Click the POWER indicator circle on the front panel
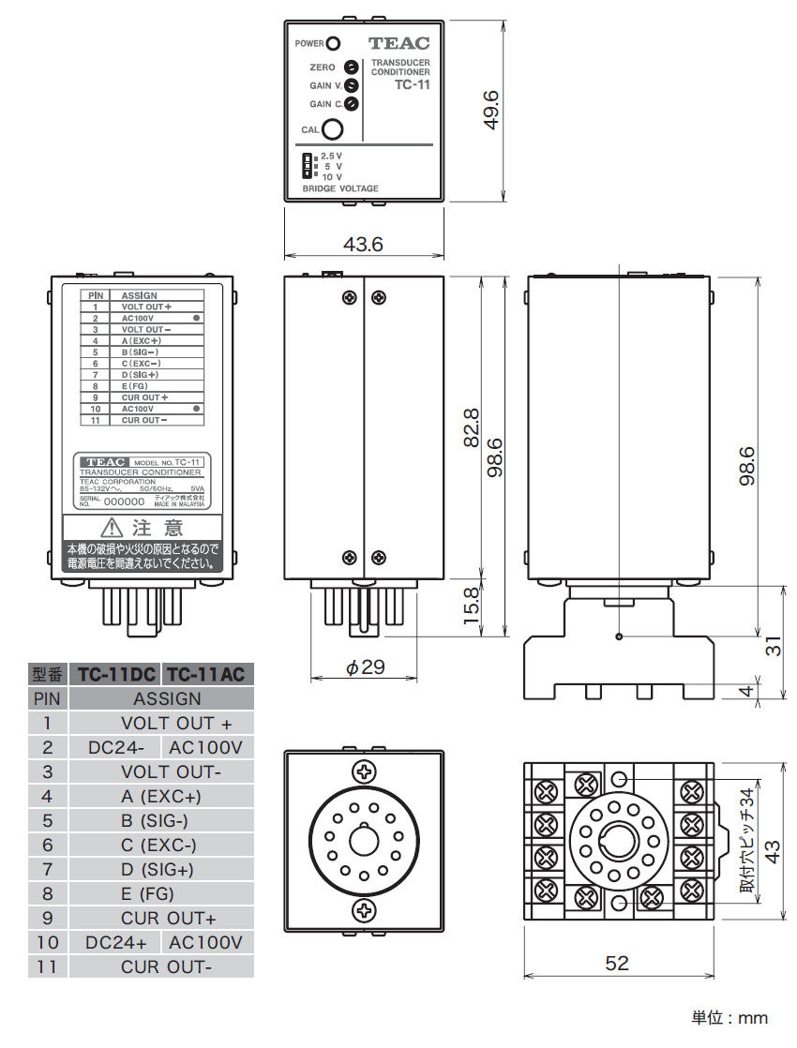332,43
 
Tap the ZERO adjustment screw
351,67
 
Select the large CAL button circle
331,129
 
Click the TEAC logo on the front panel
398,43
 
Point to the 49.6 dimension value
489,110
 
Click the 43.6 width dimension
363,245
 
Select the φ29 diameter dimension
365,667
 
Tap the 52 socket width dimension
617,963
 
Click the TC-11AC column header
208,674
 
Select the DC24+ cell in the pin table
116,942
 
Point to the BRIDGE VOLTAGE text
340,188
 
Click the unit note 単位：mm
730,1018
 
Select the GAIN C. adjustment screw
351,104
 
